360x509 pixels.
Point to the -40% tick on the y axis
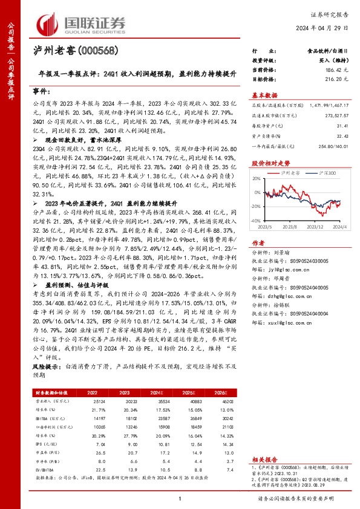[x=255, y=222]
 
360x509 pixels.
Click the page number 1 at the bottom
[x=180, y=498]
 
